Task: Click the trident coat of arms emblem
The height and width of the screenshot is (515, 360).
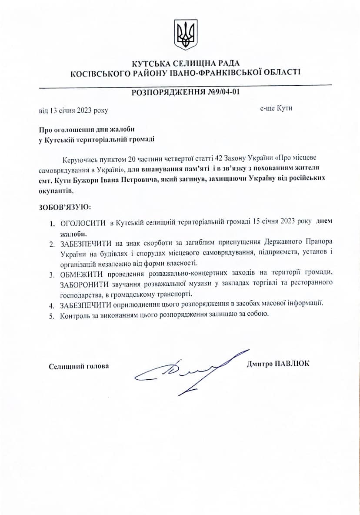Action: pyautogui.click(x=186, y=34)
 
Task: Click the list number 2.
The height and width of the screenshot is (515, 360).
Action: pyautogui.click(x=51, y=243)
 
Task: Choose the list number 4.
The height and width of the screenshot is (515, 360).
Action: pyautogui.click(x=51, y=305)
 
